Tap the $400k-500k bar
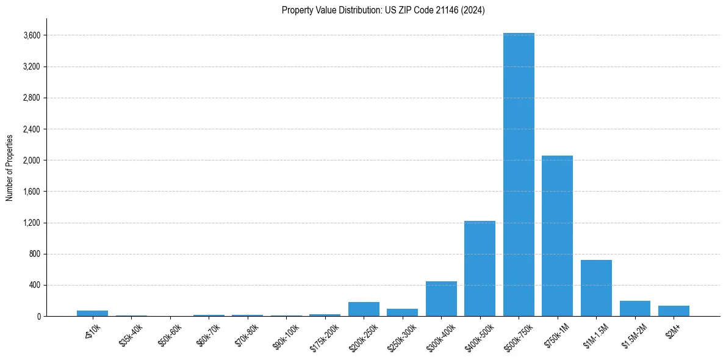pyautogui.click(x=480, y=268)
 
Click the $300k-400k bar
pyautogui.click(x=441, y=299)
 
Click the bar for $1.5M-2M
pyautogui.click(x=634, y=309)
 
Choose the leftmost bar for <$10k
pyautogui.click(x=92, y=314)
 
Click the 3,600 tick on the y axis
pyautogui.click(x=32, y=35)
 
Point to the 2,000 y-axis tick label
pyautogui.click(x=32, y=160)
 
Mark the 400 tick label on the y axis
pyautogui.click(x=35, y=285)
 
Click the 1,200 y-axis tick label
pyautogui.click(x=32, y=223)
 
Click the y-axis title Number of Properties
pyautogui.click(x=9, y=167)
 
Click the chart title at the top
pyautogui.click(x=383, y=10)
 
